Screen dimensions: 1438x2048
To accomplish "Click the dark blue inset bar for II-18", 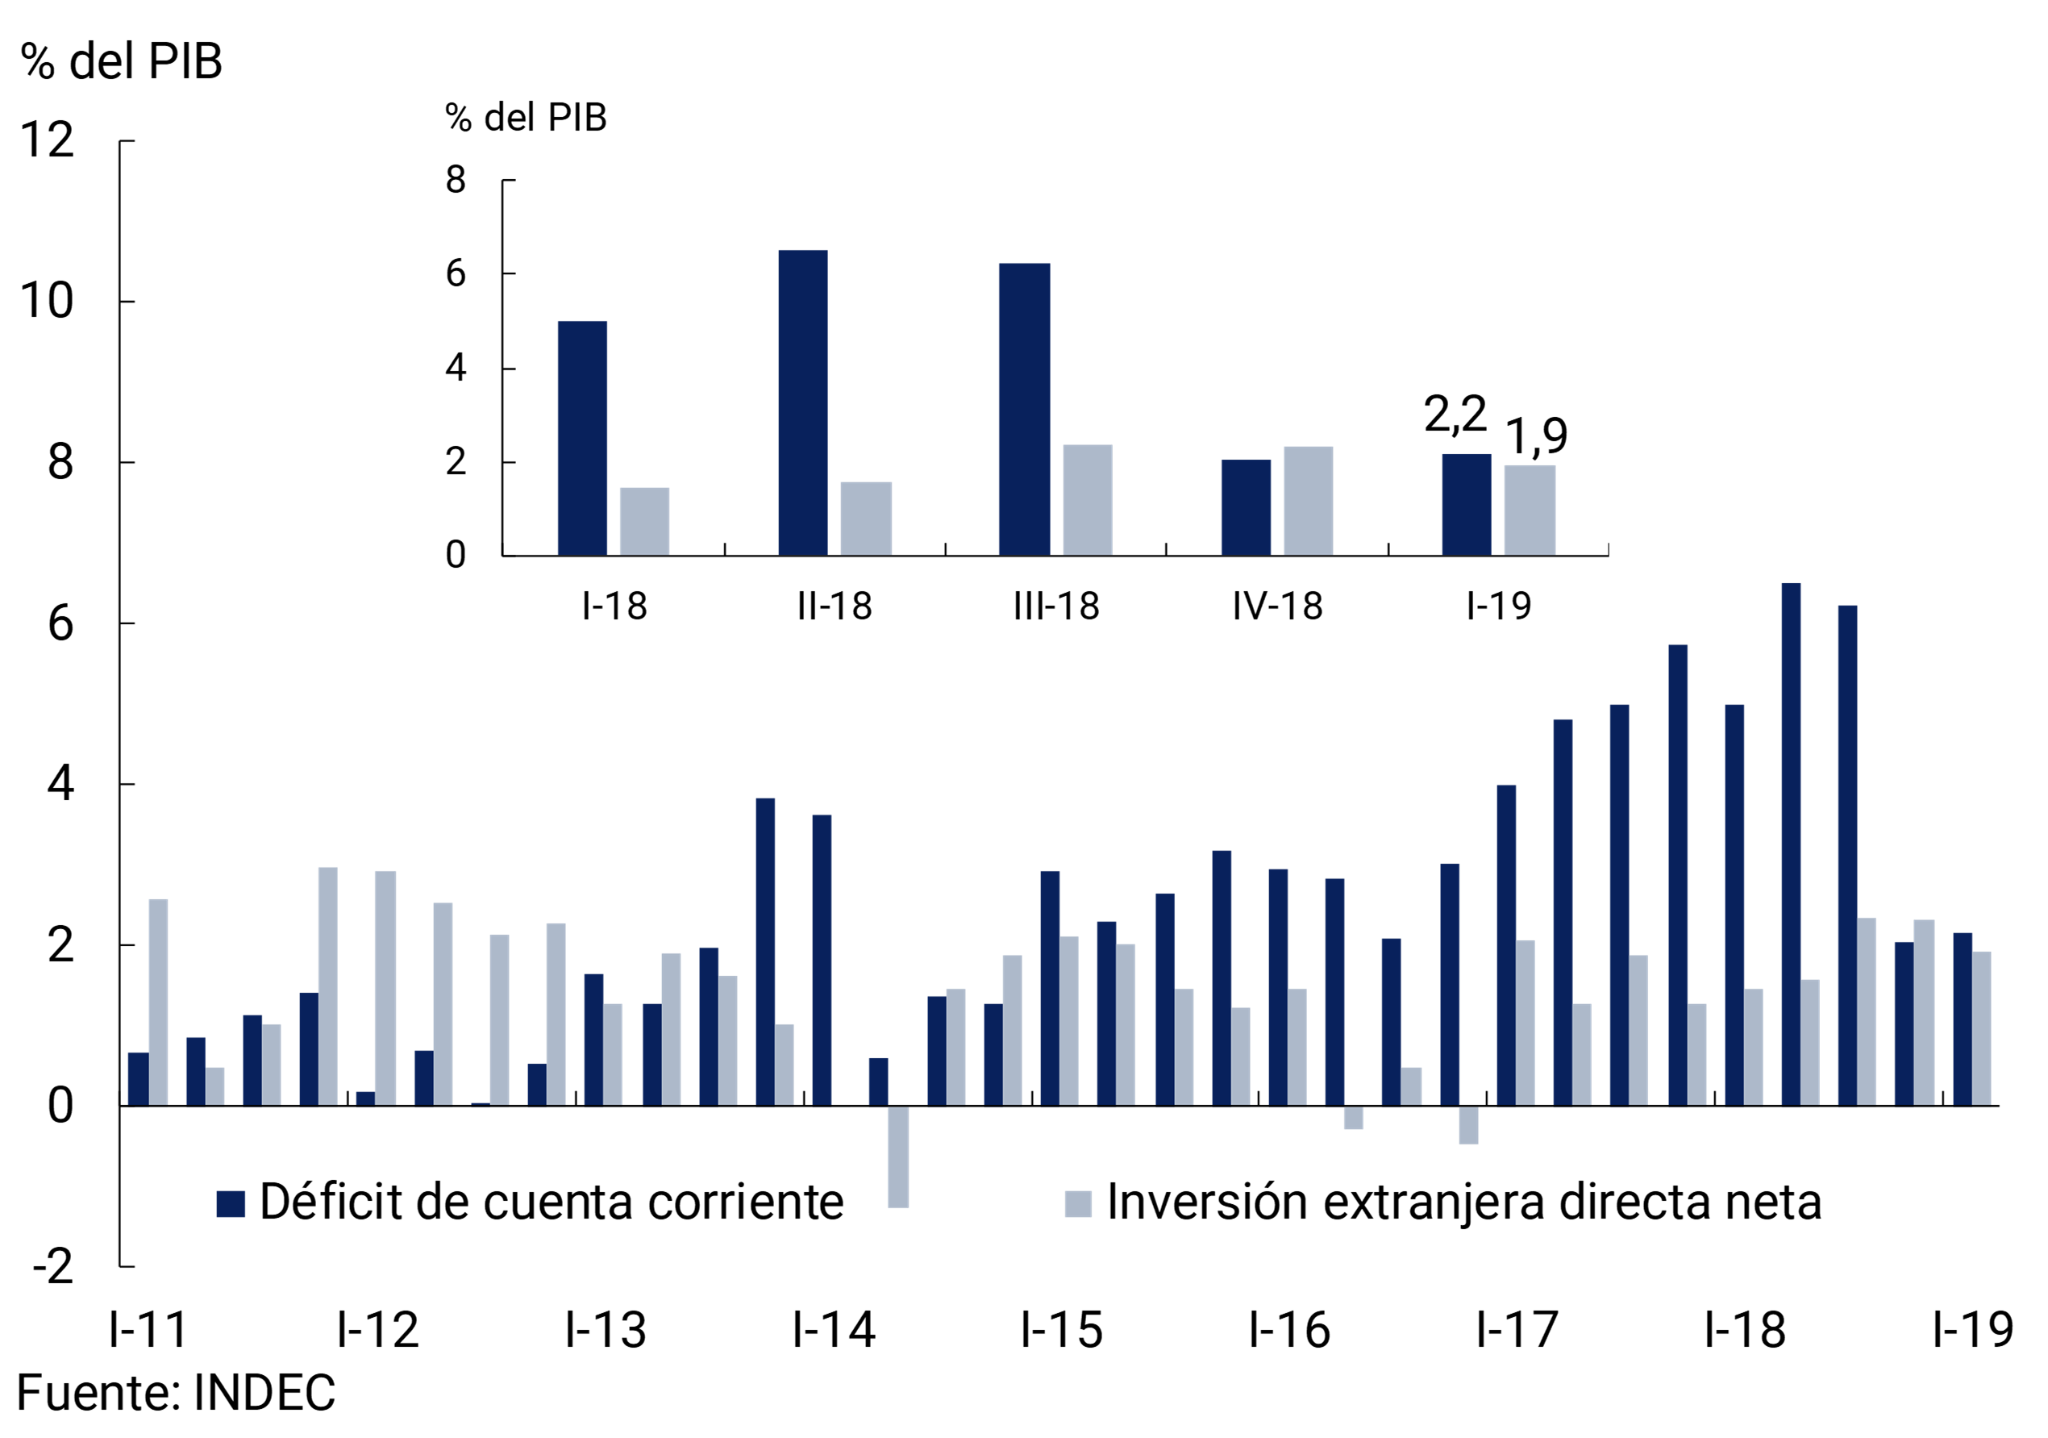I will pos(802,402).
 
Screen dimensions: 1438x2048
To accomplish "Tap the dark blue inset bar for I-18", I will pos(581,438).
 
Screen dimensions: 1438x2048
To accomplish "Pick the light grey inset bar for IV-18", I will pos(1307,501).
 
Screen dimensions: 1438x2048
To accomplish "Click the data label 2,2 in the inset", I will pos(1454,415).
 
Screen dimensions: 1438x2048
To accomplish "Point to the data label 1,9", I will pos(1535,436).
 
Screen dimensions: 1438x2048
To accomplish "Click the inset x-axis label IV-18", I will pos(1276,606).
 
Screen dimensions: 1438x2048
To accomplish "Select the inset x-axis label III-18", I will pos(1055,606).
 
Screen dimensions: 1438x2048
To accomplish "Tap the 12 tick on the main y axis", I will pos(47,140).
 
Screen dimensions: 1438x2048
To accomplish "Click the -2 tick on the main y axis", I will pos(52,1267).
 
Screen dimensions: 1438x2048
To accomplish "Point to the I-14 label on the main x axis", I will pos(833,1330).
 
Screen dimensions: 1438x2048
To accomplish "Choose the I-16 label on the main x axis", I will pos(1289,1330).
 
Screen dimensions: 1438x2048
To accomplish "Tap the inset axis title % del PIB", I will pos(526,118).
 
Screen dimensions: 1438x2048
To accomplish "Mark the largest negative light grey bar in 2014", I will pos(897,1156).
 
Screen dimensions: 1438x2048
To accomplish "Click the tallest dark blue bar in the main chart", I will pos(1790,843).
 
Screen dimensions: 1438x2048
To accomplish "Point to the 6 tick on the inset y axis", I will pos(456,274).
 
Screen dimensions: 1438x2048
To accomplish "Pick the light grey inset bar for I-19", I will pos(1529,511).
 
